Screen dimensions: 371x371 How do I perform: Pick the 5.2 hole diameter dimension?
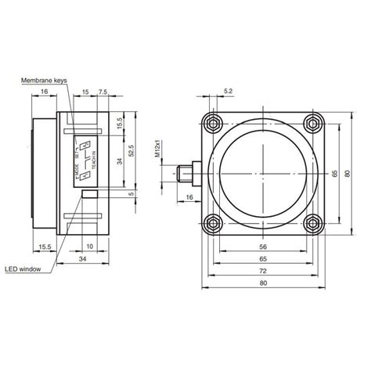tap(228, 92)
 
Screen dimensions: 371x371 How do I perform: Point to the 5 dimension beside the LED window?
tap(134, 193)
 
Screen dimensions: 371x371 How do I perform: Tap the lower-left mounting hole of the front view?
tap(211, 222)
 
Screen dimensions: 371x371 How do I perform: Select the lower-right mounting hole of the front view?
tap(314, 222)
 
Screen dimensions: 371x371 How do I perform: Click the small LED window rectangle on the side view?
tap(91, 193)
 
